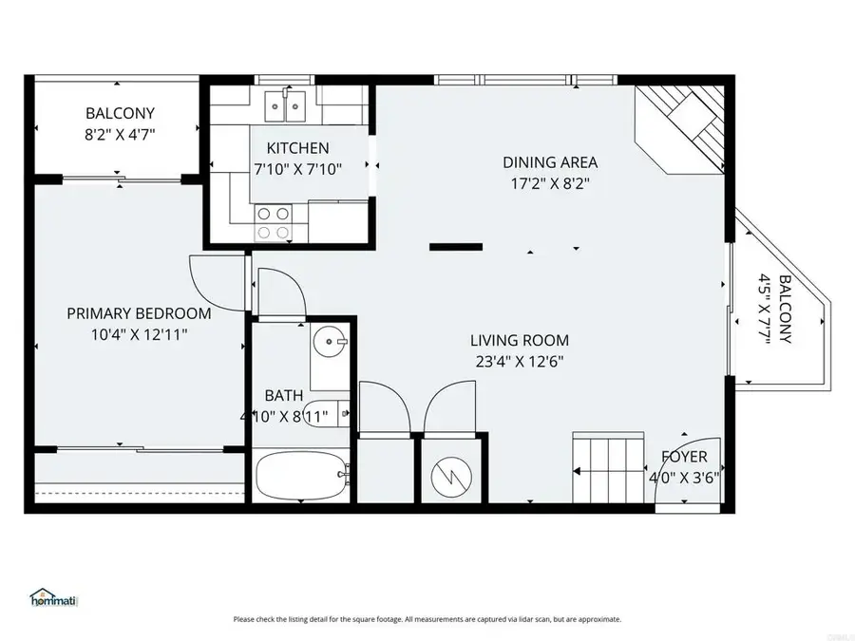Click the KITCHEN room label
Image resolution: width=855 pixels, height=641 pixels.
297,148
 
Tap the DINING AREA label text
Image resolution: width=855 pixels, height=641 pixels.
550,162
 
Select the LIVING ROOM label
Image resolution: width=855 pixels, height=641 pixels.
520,340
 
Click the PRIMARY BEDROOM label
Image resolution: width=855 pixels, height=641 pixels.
139,313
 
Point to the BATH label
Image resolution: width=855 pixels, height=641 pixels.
283,394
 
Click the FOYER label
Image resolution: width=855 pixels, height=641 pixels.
684,457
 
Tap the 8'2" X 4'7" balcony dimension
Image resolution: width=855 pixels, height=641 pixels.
119,134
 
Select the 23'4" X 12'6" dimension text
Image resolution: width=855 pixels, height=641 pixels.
520,361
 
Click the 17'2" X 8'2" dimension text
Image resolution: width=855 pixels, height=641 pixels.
550,184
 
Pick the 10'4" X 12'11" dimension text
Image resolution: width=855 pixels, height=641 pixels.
139,334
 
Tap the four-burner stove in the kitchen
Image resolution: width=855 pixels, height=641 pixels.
273,223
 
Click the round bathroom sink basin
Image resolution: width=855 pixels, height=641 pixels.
331,338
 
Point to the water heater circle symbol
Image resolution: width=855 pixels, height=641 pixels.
450,471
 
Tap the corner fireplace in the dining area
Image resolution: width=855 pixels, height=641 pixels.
684,123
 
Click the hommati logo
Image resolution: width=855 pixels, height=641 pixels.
54,600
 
